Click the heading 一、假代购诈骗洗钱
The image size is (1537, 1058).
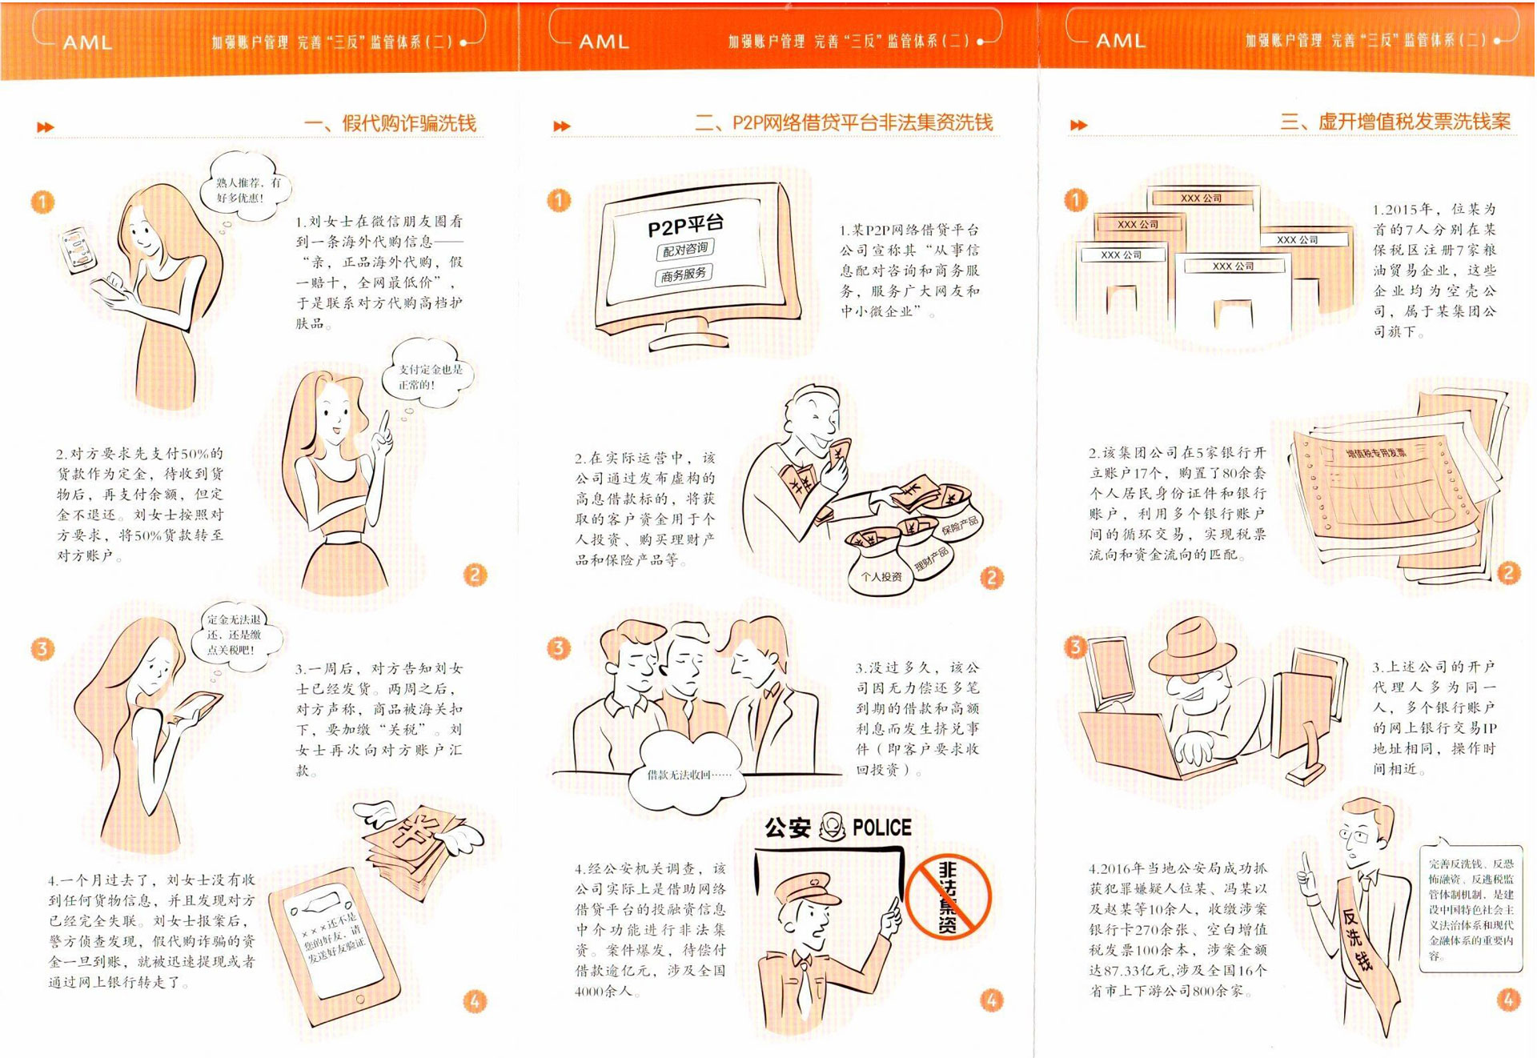tap(391, 123)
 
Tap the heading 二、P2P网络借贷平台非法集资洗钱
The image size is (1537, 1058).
tap(845, 122)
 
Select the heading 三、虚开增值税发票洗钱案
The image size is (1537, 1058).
tap(1396, 122)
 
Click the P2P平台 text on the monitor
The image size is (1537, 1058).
tap(686, 226)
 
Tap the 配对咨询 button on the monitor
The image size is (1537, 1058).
tap(686, 250)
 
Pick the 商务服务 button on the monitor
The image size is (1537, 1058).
tap(684, 275)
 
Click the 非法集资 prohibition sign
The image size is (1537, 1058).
tap(949, 896)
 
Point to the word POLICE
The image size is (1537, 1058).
tap(882, 828)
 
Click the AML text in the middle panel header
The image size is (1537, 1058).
tap(604, 42)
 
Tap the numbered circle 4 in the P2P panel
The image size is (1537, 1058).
tap(991, 1000)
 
